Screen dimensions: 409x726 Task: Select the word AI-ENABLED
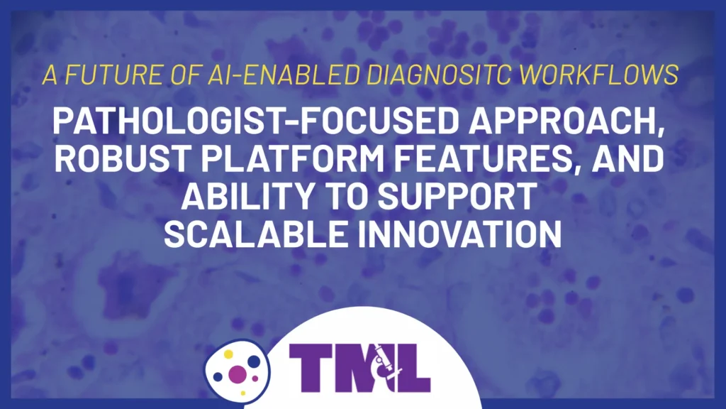pos(249,75)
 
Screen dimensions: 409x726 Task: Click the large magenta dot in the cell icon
pos(238,373)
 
